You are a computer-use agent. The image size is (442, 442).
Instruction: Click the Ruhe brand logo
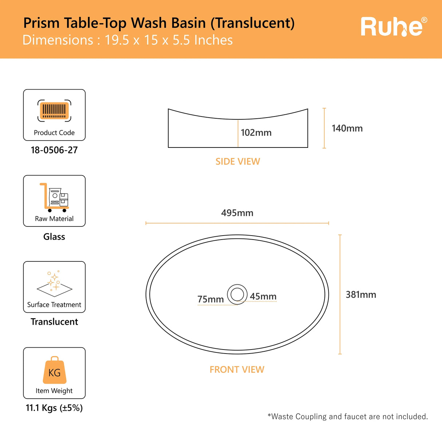(x=393, y=27)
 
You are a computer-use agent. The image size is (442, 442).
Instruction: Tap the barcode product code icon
(x=54, y=110)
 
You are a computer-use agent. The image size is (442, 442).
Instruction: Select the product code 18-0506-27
(x=54, y=150)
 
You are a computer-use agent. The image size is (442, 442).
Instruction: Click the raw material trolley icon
(x=54, y=197)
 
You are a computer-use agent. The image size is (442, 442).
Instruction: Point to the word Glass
(x=54, y=237)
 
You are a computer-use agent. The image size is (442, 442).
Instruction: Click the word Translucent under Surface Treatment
(x=54, y=322)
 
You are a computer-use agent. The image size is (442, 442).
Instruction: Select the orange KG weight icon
(x=55, y=370)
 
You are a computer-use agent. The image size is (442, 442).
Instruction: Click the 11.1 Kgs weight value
(x=54, y=408)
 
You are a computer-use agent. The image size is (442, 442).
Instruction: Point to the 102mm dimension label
(x=256, y=133)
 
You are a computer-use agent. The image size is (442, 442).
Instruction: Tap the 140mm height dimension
(x=347, y=129)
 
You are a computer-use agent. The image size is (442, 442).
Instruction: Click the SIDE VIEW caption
(x=238, y=162)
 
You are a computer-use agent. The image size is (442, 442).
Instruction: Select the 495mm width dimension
(x=237, y=213)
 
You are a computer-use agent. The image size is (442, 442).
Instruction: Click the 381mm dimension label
(x=361, y=295)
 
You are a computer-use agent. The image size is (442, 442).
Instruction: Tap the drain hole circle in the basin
(x=237, y=294)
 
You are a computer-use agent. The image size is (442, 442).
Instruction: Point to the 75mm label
(x=210, y=299)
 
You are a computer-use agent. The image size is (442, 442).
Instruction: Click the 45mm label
(x=263, y=297)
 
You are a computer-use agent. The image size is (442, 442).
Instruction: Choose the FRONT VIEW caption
(x=237, y=370)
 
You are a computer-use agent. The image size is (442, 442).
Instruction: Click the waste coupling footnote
(x=348, y=417)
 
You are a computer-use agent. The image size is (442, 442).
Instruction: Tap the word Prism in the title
(x=41, y=23)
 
